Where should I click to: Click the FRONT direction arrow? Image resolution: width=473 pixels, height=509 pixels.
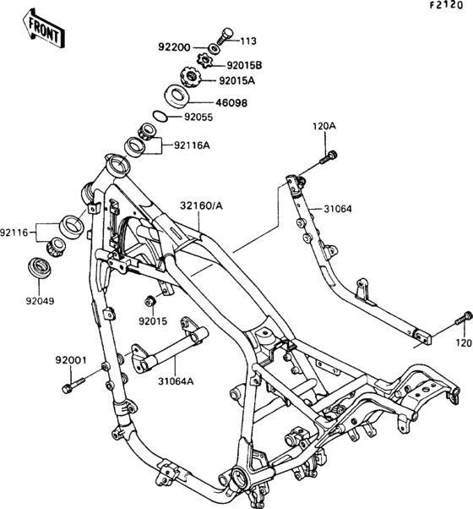pyautogui.click(x=44, y=29)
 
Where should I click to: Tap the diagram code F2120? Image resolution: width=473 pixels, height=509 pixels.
pyautogui.click(x=447, y=6)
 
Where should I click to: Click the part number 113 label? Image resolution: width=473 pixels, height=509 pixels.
pyautogui.click(x=248, y=41)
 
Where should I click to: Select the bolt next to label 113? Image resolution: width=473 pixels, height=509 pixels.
pyautogui.click(x=225, y=37)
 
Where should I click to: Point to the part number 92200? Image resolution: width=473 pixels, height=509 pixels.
pyautogui.click(x=174, y=47)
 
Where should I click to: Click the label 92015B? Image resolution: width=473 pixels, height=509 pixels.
pyautogui.click(x=244, y=66)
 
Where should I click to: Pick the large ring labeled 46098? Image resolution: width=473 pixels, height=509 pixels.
pyautogui.click(x=177, y=96)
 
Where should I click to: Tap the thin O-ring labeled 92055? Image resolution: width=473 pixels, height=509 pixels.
pyautogui.click(x=160, y=117)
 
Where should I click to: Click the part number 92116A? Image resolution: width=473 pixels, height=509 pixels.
pyautogui.click(x=192, y=145)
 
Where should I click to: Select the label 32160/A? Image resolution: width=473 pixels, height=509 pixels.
pyautogui.click(x=202, y=205)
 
